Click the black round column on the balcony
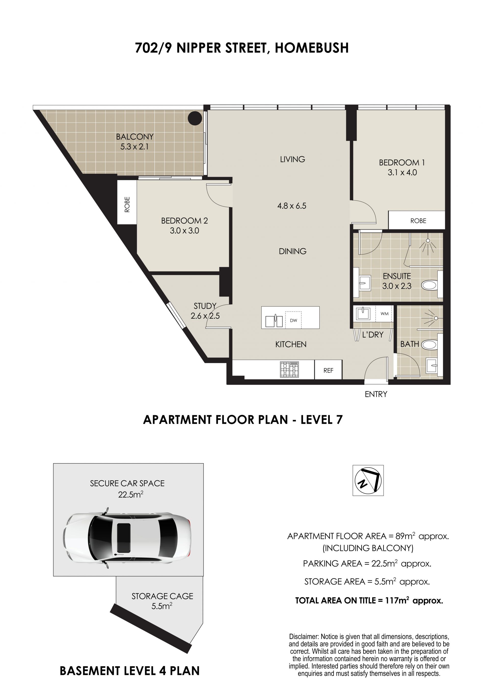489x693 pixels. tap(195, 118)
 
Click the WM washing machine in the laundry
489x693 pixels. tap(384, 313)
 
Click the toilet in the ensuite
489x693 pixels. tap(430, 285)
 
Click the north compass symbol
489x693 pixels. tap(368, 480)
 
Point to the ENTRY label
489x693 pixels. tap(376, 394)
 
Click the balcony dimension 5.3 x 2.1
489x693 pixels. tap(135, 147)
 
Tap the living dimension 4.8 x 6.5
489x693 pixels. tap(292, 206)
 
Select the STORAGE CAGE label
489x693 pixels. tap(162, 596)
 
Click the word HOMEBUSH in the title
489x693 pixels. tap(311, 48)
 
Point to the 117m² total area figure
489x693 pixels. tap(397, 600)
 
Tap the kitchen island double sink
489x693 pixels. tap(274, 321)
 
